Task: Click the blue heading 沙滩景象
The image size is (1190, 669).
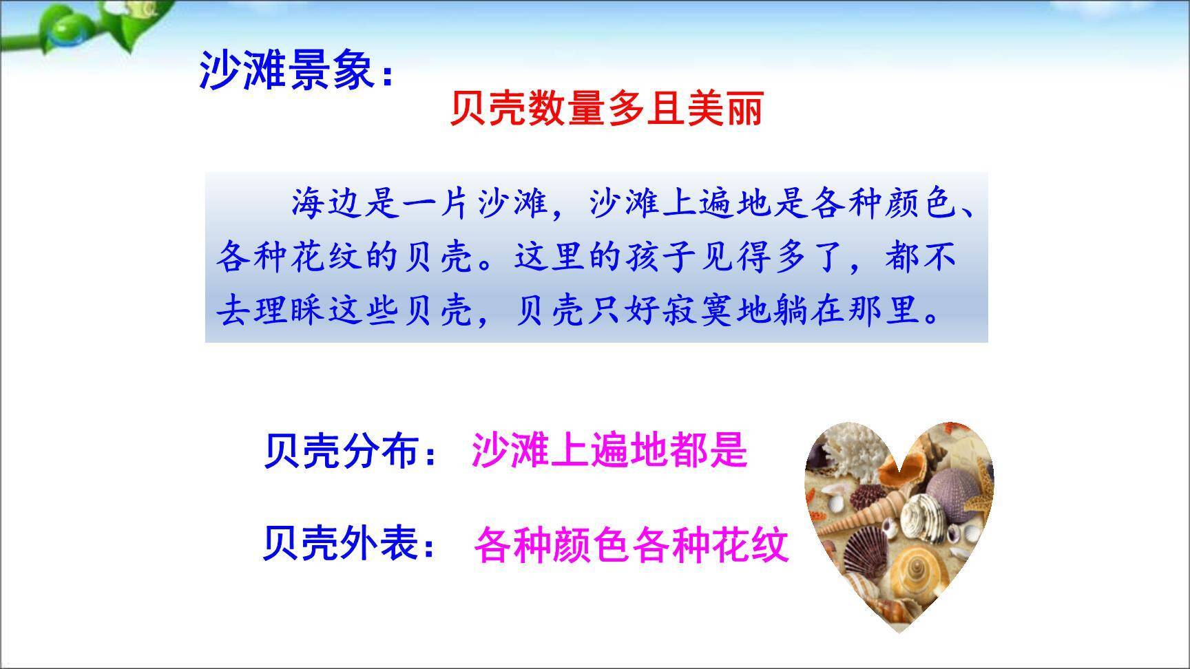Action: pyautogui.click(x=286, y=70)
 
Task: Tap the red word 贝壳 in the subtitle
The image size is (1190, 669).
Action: pyautogui.click(x=489, y=109)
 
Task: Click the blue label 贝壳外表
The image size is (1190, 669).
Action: pyautogui.click(x=342, y=544)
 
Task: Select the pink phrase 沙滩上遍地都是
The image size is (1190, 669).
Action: pyautogui.click(x=609, y=452)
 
